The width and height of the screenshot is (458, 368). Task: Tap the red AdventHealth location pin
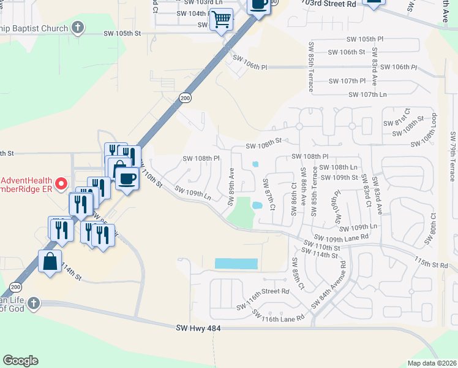[61, 183]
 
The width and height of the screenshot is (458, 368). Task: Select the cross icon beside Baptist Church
[77, 27]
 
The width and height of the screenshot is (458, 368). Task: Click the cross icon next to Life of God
[34, 303]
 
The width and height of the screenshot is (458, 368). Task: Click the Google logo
[20, 361]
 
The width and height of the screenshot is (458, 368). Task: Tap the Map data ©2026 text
[431, 362]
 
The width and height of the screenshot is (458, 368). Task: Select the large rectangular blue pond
[236, 264]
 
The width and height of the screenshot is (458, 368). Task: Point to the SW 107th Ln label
[367, 94]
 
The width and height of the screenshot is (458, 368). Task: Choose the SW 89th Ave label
[232, 182]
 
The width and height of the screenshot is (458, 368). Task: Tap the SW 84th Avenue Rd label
[328, 286]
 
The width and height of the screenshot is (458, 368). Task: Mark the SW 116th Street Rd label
[263, 292]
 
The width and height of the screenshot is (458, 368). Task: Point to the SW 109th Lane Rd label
[342, 237]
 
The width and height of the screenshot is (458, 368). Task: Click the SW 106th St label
[346, 52]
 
